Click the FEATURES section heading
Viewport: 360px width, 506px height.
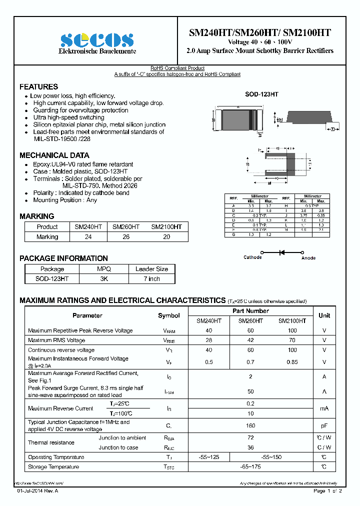coord(38,86)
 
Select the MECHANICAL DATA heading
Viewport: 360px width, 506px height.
coord(54,155)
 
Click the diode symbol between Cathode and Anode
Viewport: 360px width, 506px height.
coord(281,252)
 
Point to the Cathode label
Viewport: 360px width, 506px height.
coord(252,257)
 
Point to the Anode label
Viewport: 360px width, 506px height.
coord(308,258)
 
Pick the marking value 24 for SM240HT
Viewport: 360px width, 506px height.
coord(88,237)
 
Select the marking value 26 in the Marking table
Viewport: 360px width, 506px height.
coord(126,237)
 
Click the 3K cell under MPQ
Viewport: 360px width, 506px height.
coord(103,279)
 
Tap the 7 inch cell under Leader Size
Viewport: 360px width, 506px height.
coord(151,279)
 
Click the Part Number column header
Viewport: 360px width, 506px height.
coord(250,311)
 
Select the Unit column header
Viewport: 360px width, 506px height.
coord(324,315)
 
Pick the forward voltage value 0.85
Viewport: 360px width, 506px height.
coord(292,361)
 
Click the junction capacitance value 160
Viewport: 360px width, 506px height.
coord(250,425)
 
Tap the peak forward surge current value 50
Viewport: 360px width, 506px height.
coord(250,391)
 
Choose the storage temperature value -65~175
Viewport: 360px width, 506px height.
coord(250,467)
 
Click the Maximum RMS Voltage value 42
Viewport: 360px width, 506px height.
coord(250,340)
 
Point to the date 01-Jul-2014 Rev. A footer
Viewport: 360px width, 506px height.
coord(37,491)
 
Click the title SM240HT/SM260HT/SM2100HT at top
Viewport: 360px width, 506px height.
coord(259,32)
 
